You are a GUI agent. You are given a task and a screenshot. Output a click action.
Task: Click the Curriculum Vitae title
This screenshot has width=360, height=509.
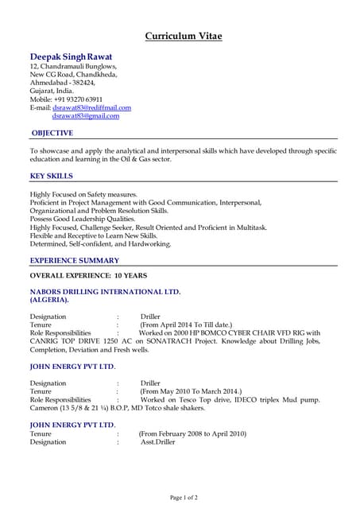pyautogui.click(x=183, y=36)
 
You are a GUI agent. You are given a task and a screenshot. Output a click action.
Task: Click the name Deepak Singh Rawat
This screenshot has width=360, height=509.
pyautogui.click(x=71, y=57)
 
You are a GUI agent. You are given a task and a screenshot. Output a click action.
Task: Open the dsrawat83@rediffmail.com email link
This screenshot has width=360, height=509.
pyautogui.click(x=91, y=107)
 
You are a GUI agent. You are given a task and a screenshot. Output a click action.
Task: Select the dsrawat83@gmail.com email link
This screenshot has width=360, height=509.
pyautogui.click(x=86, y=116)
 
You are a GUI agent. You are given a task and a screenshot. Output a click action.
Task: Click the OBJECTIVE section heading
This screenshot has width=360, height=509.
pyautogui.click(x=52, y=133)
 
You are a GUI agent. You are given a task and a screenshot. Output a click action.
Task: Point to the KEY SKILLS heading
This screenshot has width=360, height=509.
pyautogui.click(x=52, y=176)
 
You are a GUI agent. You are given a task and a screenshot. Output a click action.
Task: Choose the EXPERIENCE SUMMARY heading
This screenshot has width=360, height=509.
pyautogui.click(x=75, y=261)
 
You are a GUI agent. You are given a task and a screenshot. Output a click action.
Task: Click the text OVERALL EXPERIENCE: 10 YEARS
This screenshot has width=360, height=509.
pyautogui.click(x=88, y=275)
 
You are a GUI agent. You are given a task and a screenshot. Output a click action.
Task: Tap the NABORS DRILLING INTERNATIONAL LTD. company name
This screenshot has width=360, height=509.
pyautogui.click(x=105, y=292)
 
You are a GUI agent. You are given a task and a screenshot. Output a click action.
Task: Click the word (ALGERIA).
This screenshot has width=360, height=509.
pyautogui.click(x=49, y=301)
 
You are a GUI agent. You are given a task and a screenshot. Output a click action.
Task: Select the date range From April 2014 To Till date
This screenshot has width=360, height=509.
pyautogui.click(x=186, y=324)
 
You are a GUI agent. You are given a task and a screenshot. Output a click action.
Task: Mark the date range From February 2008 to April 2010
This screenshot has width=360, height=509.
pyautogui.click(x=192, y=433)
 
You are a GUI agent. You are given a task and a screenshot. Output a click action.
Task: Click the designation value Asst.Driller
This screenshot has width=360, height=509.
pyautogui.click(x=157, y=442)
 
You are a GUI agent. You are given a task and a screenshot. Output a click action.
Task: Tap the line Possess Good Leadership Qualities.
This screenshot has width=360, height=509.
pyautogui.click(x=83, y=219)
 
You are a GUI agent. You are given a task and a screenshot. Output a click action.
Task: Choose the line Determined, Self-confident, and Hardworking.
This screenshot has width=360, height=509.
pyautogui.click(x=100, y=244)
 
